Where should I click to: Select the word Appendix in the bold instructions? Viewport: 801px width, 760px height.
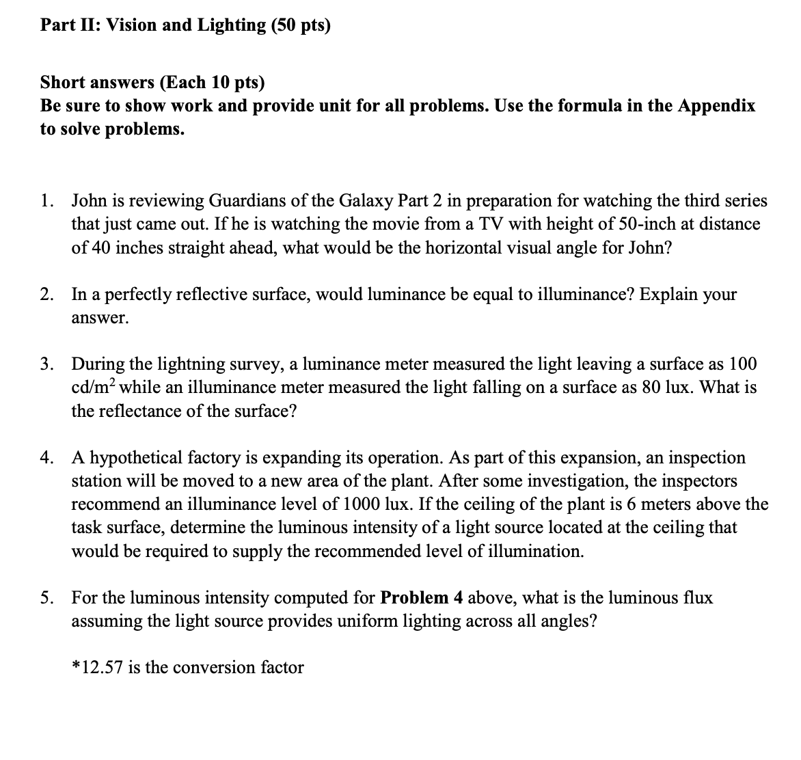(x=718, y=106)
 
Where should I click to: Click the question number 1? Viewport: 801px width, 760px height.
(x=45, y=201)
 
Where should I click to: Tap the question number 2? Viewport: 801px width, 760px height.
(x=45, y=295)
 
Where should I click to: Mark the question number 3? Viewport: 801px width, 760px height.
(x=45, y=364)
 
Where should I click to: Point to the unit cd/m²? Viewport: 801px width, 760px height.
(x=94, y=388)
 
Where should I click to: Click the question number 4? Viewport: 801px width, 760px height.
(x=45, y=457)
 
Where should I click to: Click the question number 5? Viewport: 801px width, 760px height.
(x=45, y=598)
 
